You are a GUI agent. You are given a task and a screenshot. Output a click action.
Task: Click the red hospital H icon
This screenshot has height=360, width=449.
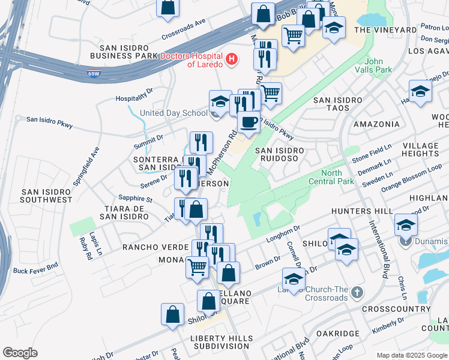[x=231, y=60]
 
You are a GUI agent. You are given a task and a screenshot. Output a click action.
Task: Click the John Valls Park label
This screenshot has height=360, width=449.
[x=378, y=65]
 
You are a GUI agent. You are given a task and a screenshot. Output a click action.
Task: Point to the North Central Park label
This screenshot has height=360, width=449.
[x=330, y=176]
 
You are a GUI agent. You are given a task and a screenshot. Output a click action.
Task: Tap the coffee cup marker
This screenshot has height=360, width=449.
[x=248, y=123]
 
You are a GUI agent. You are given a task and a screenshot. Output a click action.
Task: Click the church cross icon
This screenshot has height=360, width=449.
[x=357, y=293]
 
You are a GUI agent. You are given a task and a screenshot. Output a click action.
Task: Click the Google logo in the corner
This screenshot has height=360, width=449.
[x=20, y=352]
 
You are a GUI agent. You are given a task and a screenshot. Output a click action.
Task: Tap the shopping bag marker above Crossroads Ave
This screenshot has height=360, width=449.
[x=169, y=8]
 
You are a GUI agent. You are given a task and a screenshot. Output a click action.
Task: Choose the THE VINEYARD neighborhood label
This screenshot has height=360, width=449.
[x=385, y=30]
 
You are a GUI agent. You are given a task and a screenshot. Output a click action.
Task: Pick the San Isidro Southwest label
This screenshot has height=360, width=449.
[x=46, y=196]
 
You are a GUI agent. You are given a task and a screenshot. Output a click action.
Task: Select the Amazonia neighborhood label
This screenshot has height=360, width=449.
[x=376, y=124]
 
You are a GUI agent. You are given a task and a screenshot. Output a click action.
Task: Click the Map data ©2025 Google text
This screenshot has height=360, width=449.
[x=412, y=355]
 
